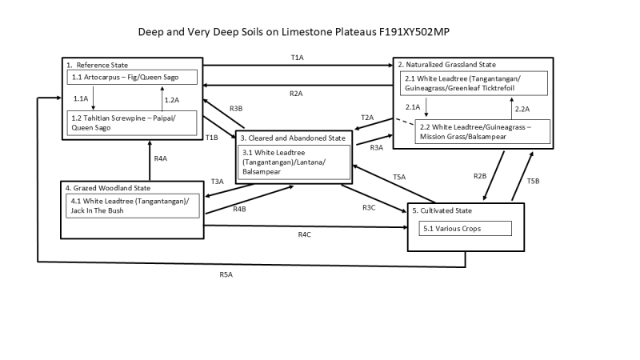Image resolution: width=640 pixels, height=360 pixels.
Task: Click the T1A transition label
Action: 297,58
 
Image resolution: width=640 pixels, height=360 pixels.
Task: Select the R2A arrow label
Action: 296,94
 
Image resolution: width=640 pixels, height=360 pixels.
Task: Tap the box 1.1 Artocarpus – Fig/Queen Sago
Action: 132,76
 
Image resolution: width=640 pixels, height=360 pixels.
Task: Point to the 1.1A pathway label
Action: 81,98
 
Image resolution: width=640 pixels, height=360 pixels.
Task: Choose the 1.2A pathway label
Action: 171,100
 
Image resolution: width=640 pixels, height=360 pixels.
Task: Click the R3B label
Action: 236,109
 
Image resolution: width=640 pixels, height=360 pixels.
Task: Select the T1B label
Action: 211,138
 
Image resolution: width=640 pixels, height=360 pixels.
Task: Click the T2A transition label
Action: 368,118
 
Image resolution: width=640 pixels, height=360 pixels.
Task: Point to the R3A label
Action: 378,147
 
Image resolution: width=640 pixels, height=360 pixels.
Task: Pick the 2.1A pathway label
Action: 413,107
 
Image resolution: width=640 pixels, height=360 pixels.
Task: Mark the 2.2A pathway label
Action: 522,108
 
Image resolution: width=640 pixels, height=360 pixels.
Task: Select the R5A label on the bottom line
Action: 226,274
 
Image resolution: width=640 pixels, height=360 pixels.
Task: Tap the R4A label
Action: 161,159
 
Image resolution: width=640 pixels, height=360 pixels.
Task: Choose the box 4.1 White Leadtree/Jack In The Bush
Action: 132,205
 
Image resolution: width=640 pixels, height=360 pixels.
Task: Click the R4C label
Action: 304,234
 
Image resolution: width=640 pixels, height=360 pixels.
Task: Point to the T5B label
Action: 534,182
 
